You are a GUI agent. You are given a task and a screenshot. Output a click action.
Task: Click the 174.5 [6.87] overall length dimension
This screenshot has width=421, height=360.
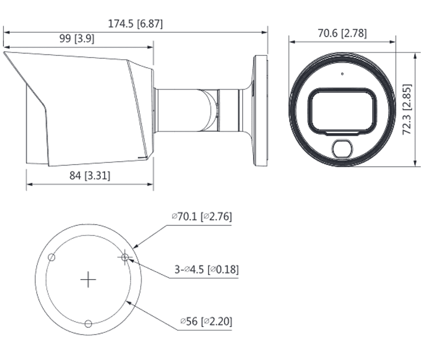(135, 24)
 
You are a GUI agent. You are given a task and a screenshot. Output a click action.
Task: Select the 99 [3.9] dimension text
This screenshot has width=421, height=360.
(76, 39)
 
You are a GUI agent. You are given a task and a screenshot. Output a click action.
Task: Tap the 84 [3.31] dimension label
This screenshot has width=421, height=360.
(90, 176)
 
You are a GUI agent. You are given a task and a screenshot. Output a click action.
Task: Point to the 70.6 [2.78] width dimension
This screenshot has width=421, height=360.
(342, 33)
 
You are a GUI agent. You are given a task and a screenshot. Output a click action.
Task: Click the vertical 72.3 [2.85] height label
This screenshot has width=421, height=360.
(407, 110)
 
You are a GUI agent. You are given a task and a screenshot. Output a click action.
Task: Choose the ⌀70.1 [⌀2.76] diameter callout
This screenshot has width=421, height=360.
(202, 216)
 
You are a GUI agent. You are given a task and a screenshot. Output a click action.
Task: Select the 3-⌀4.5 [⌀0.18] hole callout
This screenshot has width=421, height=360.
(207, 269)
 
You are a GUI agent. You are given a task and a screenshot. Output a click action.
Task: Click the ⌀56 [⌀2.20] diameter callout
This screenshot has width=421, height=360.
(206, 321)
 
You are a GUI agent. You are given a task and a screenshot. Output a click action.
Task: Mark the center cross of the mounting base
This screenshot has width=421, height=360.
(88, 279)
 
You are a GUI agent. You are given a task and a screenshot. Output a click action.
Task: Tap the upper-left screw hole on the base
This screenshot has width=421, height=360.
(52, 257)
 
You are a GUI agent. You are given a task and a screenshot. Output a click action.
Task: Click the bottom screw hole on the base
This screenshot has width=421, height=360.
(88, 324)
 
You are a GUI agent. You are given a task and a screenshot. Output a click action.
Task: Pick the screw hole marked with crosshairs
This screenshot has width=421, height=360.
(125, 257)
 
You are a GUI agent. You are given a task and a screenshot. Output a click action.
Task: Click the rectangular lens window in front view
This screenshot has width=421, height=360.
(342, 110)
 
